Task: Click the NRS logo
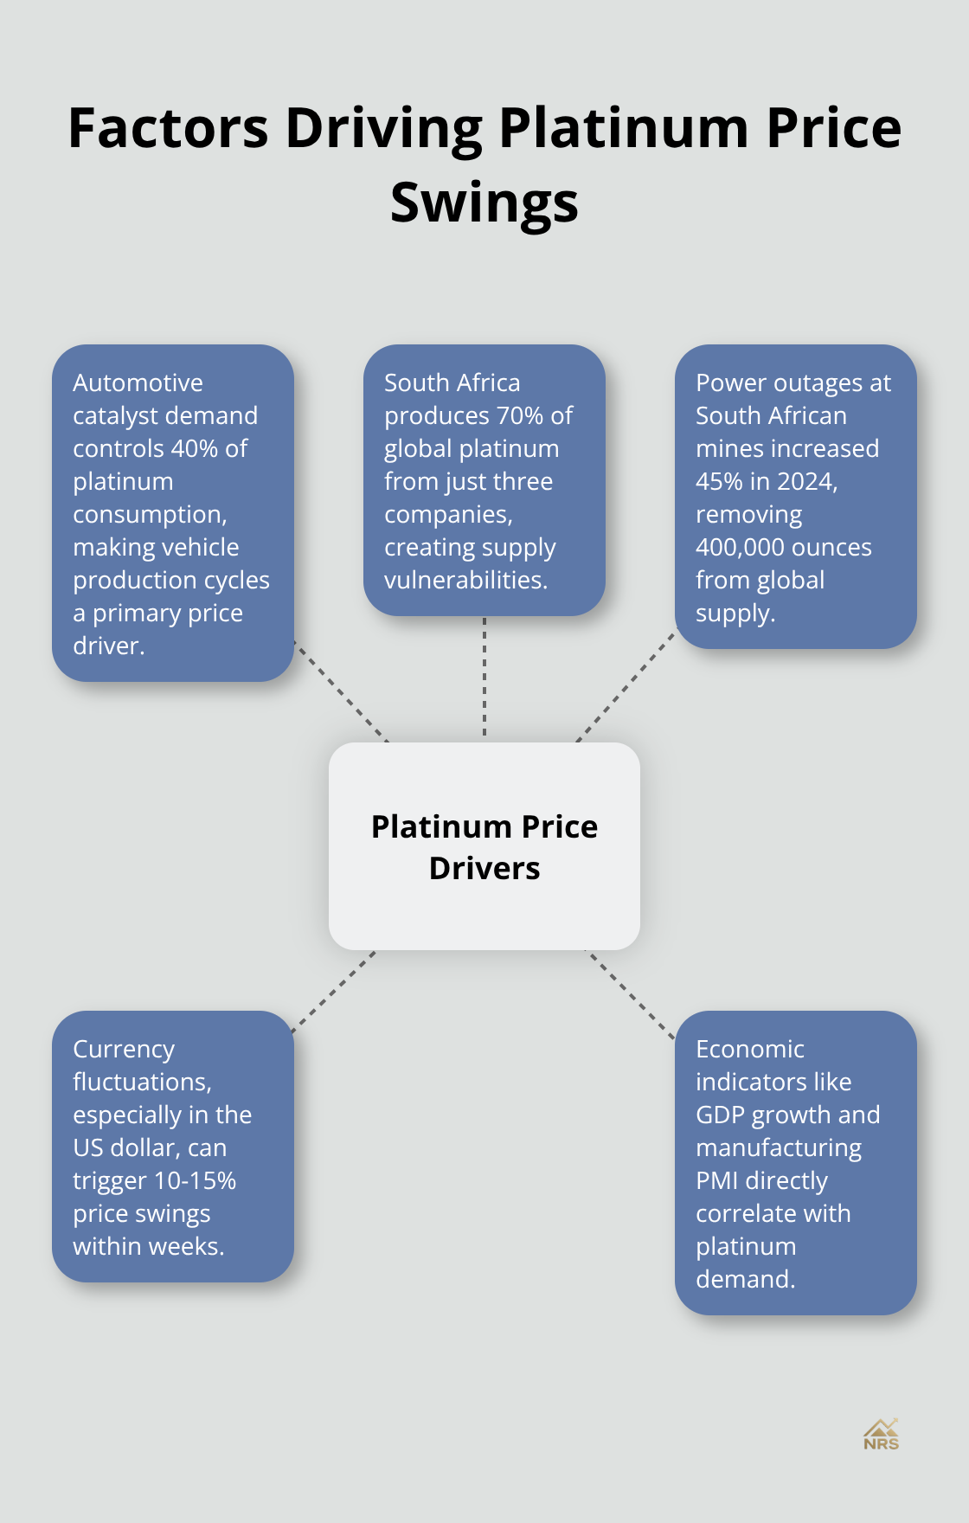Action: click(881, 1435)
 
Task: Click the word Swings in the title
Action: click(484, 203)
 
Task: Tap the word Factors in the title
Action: click(168, 128)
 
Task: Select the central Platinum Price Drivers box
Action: click(484, 846)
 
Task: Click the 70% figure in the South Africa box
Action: click(522, 415)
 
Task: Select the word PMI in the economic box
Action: click(717, 1180)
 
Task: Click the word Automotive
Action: click(138, 382)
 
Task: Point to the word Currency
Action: click(124, 1049)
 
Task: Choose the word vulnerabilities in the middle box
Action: click(465, 580)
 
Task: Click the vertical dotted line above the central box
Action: click(484, 679)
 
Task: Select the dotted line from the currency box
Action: click(334, 992)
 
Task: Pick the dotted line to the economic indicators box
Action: click(631, 993)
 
